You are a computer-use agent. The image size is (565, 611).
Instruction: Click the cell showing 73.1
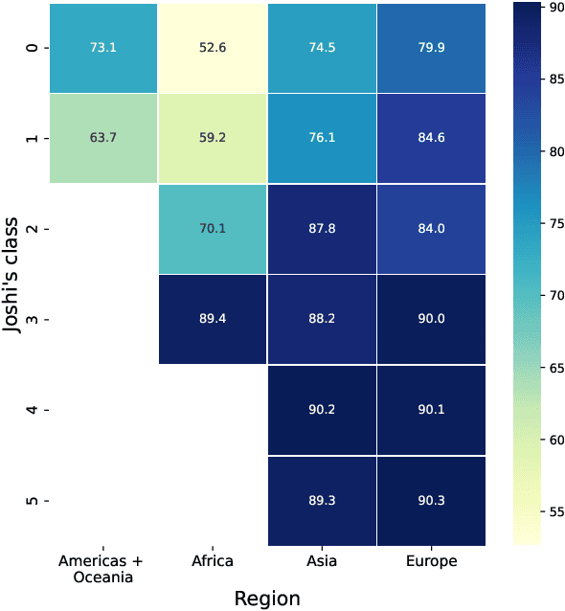pyautogui.click(x=102, y=47)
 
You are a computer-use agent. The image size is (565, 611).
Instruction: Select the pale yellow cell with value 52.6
pyautogui.click(x=212, y=47)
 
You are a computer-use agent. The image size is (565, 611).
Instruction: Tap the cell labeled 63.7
pyautogui.click(x=102, y=138)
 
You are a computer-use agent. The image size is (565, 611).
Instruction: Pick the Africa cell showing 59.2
pyautogui.click(x=212, y=138)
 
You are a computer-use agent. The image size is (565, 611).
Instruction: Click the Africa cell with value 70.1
pyautogui.click(x=212, y=228)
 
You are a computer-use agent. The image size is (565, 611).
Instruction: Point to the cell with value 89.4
pyautogui.click(x=212, y=319)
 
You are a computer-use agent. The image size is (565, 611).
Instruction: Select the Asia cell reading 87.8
pyautogui.click(x=322, y=228)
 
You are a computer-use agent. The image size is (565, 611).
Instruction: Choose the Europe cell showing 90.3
pyautogui.click(x=431, y=500)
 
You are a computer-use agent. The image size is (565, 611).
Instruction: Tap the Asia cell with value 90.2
pyautogui.click(x=322, y=410)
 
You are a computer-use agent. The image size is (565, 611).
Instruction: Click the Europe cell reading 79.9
pyautogui.click(x=431, y=47)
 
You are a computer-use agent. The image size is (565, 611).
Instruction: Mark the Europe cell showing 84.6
pyautogui.click(x=431, y=138)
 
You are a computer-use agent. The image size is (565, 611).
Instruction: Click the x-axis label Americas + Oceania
pyautogui.click(x=102, y=568)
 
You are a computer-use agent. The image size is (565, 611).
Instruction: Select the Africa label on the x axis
pyautogui.click(x=212, y=561)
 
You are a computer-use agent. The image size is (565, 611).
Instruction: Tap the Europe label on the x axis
pyautogui.click(x=431, y=561)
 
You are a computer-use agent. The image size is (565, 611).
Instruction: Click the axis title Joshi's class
pyautogui.click(x=13, y=273)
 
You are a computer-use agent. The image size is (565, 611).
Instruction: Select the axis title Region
pyautogui.click(x=267, y=599)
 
